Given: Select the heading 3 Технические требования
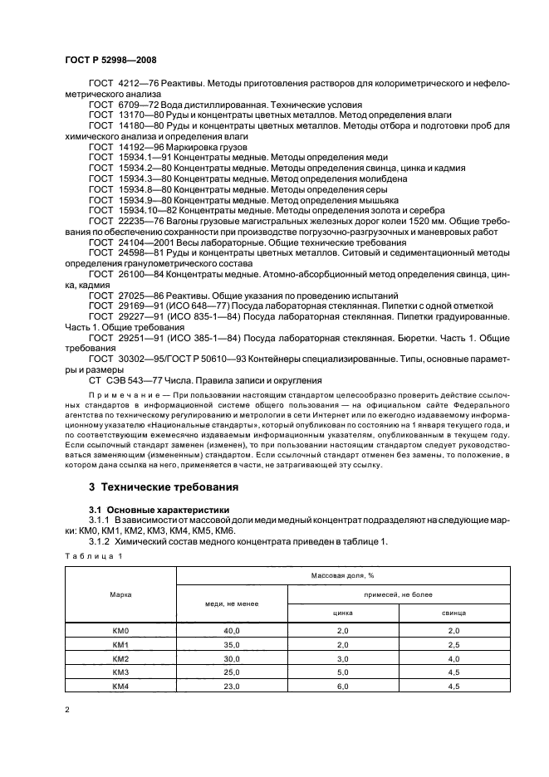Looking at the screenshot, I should click(162, 487).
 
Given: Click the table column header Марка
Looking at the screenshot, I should click(120, 595).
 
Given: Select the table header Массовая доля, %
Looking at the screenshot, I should click(343, 574).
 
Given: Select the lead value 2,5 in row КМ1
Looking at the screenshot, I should click(453, 645).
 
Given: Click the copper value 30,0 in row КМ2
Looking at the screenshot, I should click(232, 658).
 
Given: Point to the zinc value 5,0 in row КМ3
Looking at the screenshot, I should click(343, 672).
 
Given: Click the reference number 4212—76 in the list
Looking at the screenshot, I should click(135, 84).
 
